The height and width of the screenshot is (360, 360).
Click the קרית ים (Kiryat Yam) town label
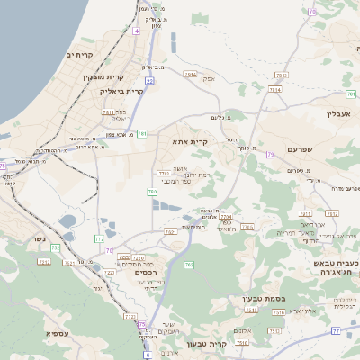tap(80, 56)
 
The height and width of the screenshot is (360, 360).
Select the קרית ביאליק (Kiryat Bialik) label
tap(123, 91)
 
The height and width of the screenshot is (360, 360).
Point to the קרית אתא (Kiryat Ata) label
tap(189, 141)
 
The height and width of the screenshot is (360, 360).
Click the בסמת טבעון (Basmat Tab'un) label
tap(263, 298)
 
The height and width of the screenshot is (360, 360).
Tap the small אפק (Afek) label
tap(209, 79)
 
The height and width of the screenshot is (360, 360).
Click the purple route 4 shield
tap(136, 31)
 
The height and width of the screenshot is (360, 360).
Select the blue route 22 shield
tap(149, 81)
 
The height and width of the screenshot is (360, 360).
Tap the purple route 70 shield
tap(110, 250)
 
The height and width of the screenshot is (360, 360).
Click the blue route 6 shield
tap(148, 355)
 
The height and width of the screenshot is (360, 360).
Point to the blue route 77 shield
tap(335, 331)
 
